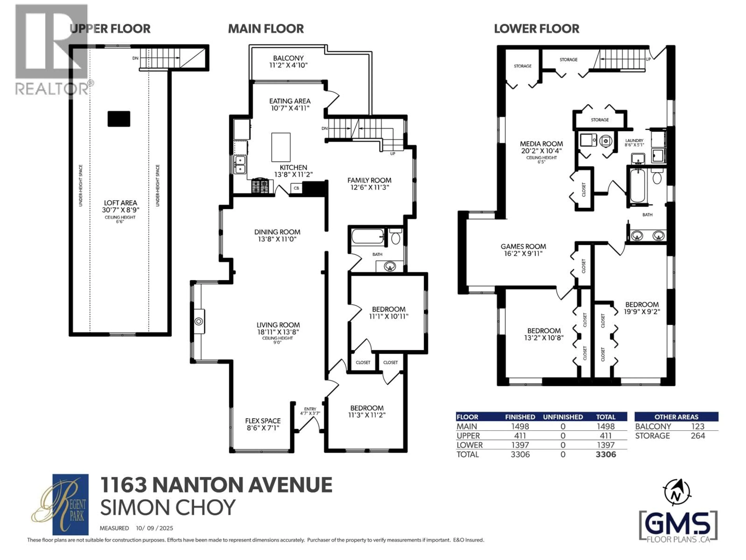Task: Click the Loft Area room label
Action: [x=120, y=203]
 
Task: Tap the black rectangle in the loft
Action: [x=119, y=119]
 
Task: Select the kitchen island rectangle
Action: [x=281, y=147]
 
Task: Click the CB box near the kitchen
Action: [x=296, y=188]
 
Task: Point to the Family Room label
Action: [x=369, y=180]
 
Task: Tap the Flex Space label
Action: [x=263, y=421]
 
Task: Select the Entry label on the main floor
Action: [x=310, y=409]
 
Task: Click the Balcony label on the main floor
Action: [x=288, y=58]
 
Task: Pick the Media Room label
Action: [x=541, y=144]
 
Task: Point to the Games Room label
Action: [x=523, y=246]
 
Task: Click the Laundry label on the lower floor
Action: [x=634, y=140]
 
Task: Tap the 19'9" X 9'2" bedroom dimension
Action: [x=642, y=311]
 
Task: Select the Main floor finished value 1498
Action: [x=520, y=426]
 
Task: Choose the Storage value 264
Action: [x=698, y=436]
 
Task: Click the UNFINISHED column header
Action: [x=563, y=417]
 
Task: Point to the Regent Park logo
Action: [x=61, y=504]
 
